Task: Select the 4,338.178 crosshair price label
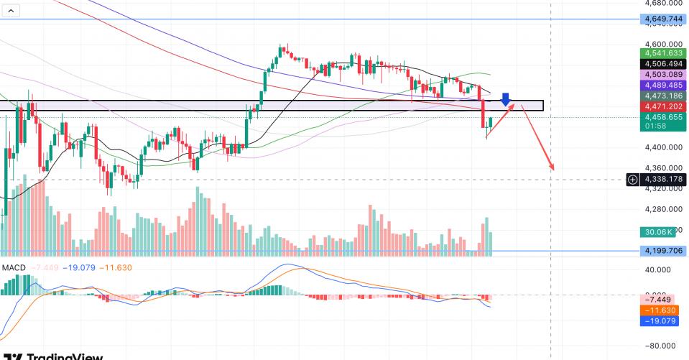pos(662,179)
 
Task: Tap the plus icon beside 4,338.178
pos(632,179)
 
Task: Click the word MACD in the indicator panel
pos(14,268)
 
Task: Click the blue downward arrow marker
pos(506,99)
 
